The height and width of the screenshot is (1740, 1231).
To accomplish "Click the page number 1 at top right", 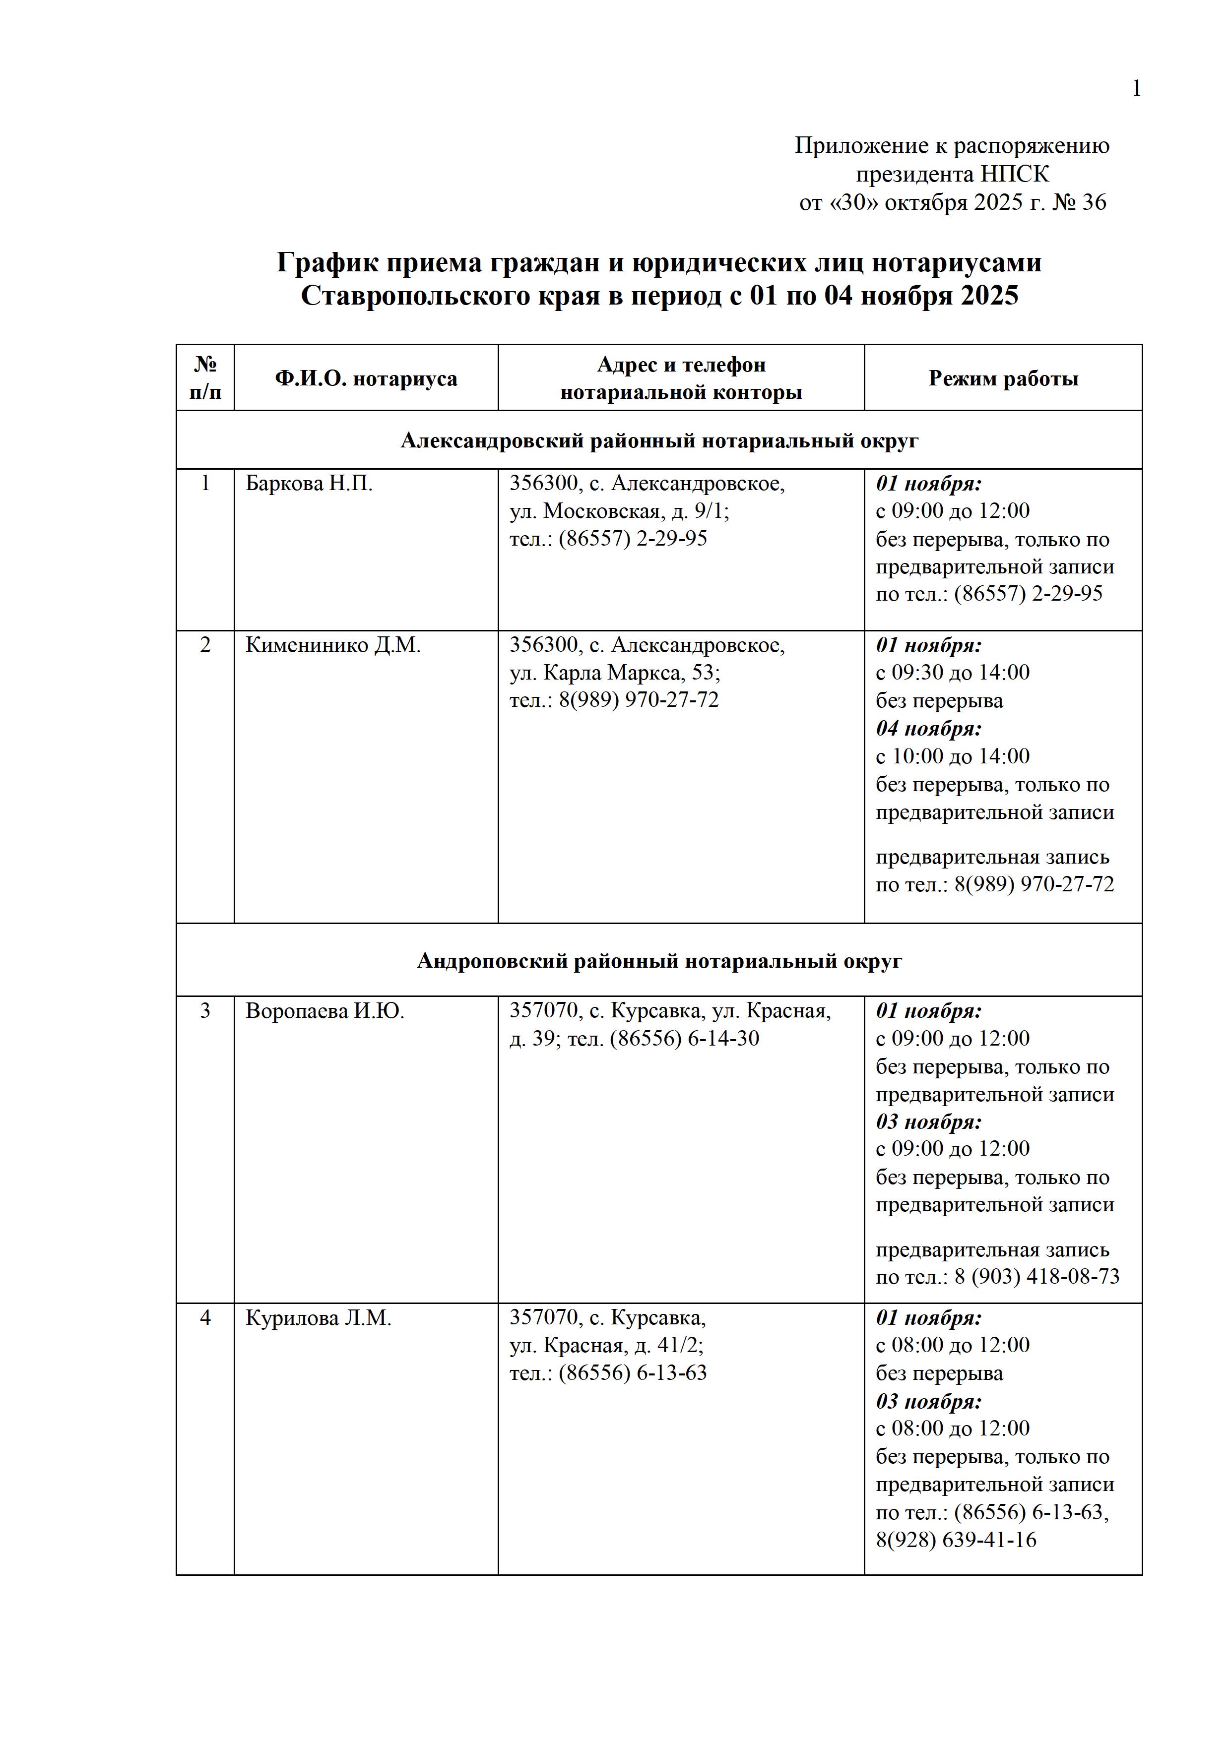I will (x=1136, y=89).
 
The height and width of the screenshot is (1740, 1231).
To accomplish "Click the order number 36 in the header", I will (x=1094, y=203).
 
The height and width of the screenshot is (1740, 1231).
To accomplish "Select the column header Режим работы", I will (x=1003, y=379).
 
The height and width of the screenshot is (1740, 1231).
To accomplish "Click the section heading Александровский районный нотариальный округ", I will (x=659, y=441).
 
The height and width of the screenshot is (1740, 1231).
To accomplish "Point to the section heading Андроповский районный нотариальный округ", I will (x=659, y=961).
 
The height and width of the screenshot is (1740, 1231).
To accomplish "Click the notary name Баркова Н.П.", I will (x=309, y=484).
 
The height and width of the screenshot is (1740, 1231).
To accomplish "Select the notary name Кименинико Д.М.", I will (x=333, y=646).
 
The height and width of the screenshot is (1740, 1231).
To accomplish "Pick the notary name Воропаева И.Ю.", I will (x=324, y=1011).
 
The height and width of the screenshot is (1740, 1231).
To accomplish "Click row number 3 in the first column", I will (x=204, y=1011).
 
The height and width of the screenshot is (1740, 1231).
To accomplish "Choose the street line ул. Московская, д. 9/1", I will (x=619, y=511).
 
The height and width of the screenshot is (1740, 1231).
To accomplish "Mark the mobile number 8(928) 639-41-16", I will (x=956, y=1540).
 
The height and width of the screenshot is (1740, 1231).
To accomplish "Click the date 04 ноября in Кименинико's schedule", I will (x=928, y=729).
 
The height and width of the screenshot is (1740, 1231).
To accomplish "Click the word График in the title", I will (x=327, y=263).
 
